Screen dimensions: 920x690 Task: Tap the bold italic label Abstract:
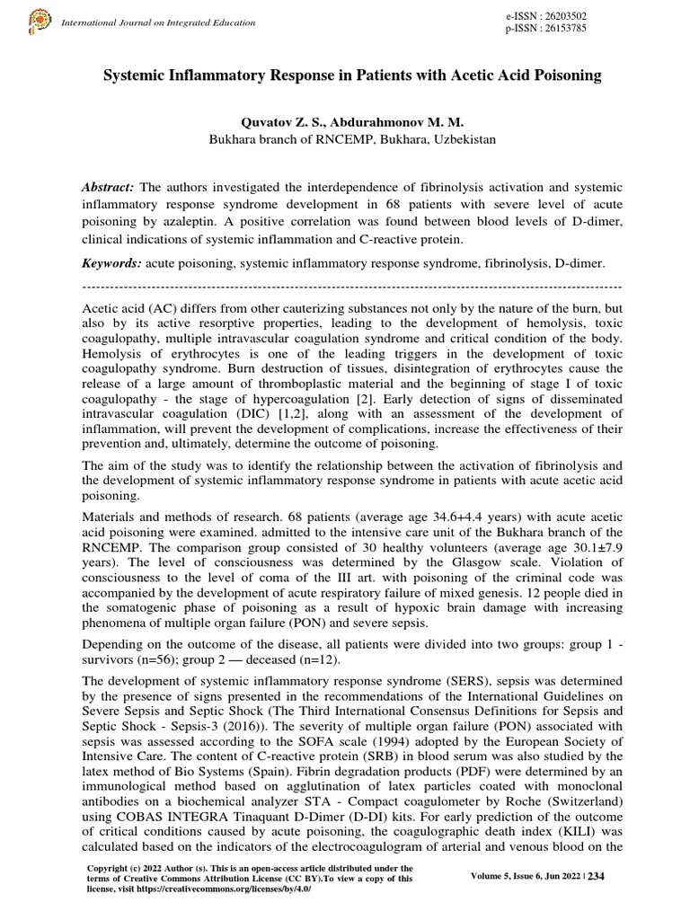(x=109, y=186)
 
